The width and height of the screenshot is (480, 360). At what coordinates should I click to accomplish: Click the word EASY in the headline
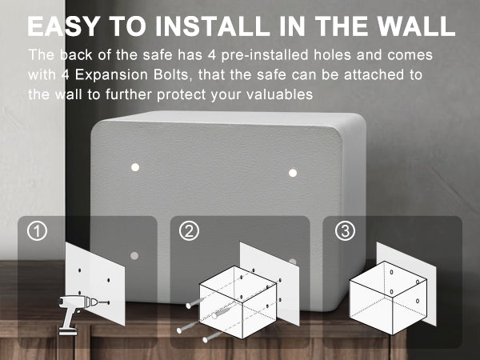click(x=63, y=26)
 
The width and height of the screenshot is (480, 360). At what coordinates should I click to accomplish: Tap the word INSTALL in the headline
click(x=212, y=26)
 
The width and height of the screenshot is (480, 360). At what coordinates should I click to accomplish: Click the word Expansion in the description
click(x=111, y=75)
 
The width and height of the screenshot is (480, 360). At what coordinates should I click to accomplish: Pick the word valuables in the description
click(x=280, y=94)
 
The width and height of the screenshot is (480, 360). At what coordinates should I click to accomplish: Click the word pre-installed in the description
click(x=265, y=55)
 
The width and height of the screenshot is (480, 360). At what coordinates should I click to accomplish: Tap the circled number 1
click(x=37, y=231)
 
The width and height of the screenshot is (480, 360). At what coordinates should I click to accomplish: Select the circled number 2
click(x=189, y=231)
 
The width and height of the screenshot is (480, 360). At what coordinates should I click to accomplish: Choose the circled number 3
click(x=345, y=231)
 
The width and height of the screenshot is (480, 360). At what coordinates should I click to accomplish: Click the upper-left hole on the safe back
click(x=135, y=167)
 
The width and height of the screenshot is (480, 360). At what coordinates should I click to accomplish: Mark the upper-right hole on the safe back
click(x=293, y=173)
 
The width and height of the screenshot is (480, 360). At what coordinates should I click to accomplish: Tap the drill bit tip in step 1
click(x=109, y=302)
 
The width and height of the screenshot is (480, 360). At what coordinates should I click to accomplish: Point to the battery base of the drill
click(x=68, y=331)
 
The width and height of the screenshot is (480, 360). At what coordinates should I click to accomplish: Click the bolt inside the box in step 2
click(x=221, y=314)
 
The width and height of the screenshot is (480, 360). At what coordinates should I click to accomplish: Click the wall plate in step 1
click(x=95, y=283)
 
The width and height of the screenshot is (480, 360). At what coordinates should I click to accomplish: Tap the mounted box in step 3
click(x=388, y=298)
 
